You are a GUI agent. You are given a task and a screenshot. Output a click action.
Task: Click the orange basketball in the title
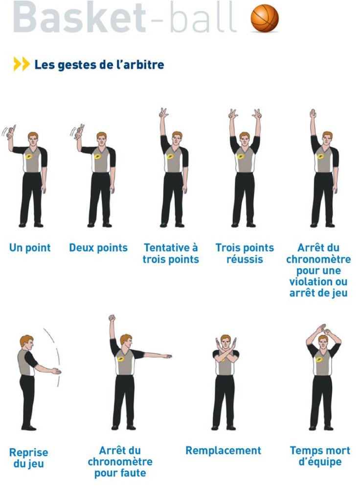click(x=265, y=18)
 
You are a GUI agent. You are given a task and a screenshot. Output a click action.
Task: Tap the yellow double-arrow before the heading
click(x=22, y=64)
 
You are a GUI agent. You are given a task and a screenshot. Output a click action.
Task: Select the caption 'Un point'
click(x=30, y=247)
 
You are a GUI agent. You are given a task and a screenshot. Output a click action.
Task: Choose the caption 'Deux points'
click(x=98, y=247)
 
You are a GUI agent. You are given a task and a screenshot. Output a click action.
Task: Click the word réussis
click(x=245, y=259)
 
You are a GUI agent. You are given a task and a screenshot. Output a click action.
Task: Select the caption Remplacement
click(x=224, y=450)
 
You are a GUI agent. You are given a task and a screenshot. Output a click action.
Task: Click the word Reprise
click(x=29, y=452)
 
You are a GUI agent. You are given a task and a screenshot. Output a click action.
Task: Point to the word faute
click(x=133, y=473)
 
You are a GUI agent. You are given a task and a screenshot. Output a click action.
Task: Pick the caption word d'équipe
click(x=320, y=462)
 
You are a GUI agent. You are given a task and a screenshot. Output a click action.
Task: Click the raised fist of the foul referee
click(x=112, y=318)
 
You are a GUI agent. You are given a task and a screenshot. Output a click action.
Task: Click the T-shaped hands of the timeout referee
click(x=324, y=330)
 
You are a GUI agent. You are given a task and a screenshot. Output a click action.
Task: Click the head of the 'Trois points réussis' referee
click(x=245, y=138)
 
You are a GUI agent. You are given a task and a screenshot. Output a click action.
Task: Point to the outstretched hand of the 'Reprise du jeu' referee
click(x=56, y=371)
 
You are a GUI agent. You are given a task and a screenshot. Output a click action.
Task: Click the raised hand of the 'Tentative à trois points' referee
click(x=163, y=113)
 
